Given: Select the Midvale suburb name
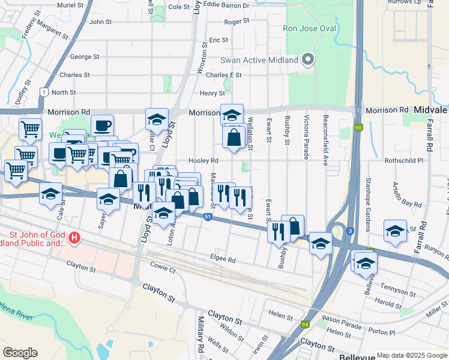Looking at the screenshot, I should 431,110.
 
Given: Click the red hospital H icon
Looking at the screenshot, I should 74,238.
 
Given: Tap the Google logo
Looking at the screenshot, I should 20,353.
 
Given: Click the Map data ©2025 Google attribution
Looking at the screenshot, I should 412,355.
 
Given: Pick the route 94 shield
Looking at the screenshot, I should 304,325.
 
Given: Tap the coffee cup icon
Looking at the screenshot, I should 102,125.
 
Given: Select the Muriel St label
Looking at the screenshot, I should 70,5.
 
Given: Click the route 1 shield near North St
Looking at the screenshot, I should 43,92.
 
